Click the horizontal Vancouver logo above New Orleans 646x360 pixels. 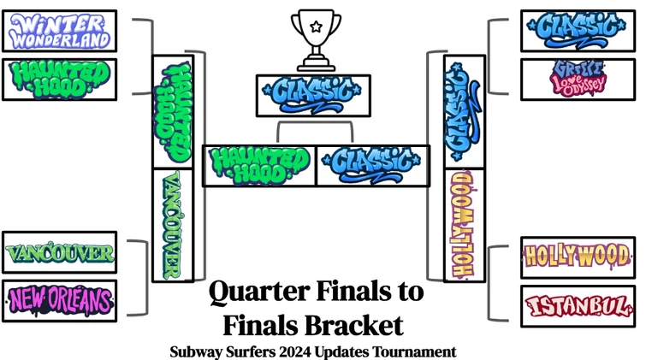59,253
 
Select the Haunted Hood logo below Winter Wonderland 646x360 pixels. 59,79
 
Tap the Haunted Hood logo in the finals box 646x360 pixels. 259,164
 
